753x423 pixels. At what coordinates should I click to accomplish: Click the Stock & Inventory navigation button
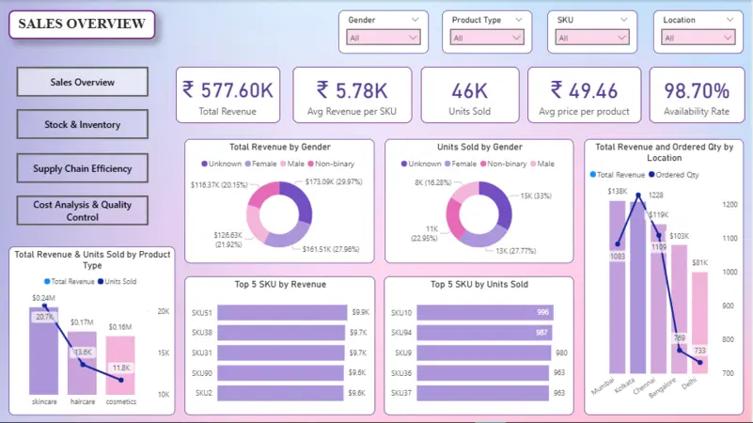tap(82, 124)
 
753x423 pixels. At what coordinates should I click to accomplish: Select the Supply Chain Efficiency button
tap(82, 168)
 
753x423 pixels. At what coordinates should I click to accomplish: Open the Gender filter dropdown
tap(384, 38)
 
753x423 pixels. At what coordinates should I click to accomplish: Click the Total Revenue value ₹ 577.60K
tap(227, 90)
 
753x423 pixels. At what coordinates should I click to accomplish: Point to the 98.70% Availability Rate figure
tap(697, 90)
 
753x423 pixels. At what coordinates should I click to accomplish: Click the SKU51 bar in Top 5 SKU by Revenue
tap(283, 313)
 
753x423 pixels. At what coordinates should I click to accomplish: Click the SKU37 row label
tap(401, 393)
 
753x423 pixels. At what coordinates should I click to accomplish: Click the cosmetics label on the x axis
tap(120, 402)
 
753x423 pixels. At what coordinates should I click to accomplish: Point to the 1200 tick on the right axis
tap(729, 204)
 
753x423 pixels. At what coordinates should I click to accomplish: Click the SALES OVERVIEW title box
tap(82, 24)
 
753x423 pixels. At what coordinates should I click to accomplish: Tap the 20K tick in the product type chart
tap(163, 311)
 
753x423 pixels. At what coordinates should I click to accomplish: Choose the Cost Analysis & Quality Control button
tap(82, 211)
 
